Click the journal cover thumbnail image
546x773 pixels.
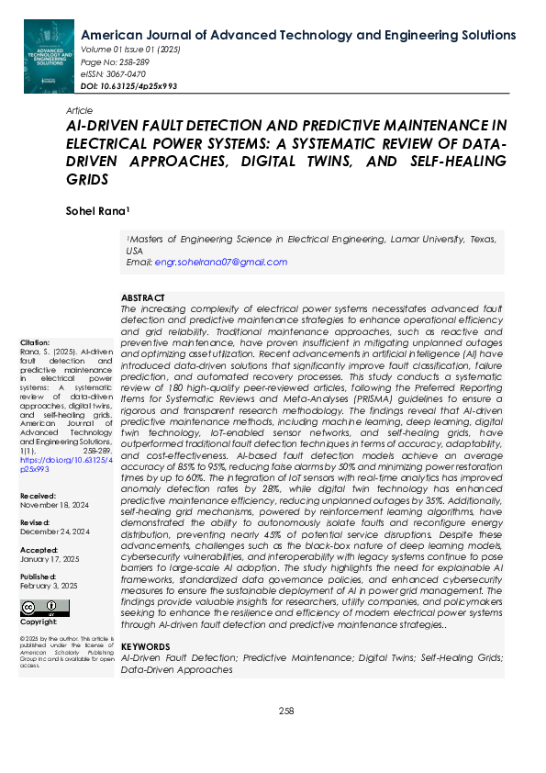click(x=49, y=54)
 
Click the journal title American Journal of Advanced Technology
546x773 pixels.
click(x=298, y=35)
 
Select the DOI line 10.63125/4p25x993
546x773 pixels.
click(x=129, y=85)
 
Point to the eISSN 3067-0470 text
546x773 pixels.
click(x=115, y=73)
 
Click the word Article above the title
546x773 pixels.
click(x=80, y=110)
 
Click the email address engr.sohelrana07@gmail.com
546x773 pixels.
click(x=220, y=262)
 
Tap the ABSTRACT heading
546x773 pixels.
click(x=143, y=298)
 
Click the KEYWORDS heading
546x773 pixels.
click(x=145, y=646)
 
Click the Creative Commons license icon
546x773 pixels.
click(x=44, y=607)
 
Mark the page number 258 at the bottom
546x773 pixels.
click(x=286, y=711)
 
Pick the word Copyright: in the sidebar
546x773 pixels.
click(x=38, y=622)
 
